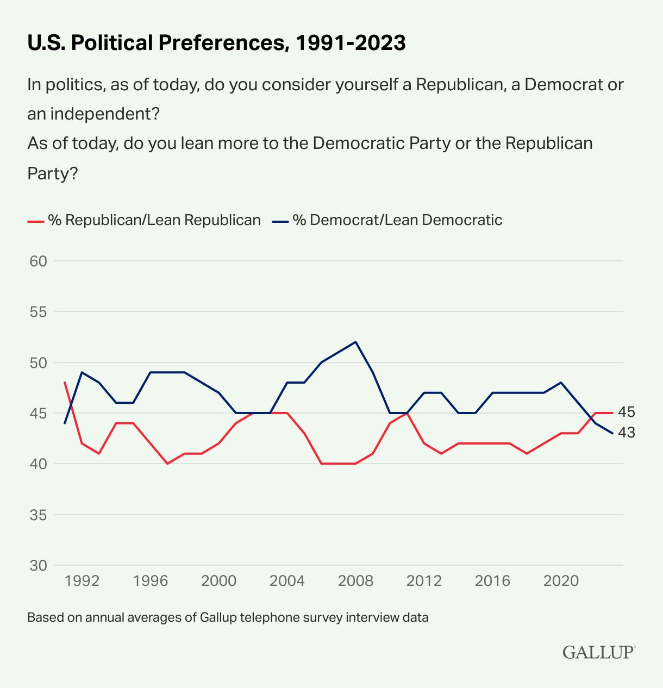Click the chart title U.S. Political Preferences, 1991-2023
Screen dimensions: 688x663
216,43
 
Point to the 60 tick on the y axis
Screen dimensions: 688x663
37,261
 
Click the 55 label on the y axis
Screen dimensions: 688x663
37,312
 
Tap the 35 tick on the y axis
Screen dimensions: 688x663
37,515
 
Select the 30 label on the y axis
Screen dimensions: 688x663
37,566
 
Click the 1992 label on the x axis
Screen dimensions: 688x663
82,581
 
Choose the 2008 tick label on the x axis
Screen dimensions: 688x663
355,581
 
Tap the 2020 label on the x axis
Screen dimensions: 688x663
561,581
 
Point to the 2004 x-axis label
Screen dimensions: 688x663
287,581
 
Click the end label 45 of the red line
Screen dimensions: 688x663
626,412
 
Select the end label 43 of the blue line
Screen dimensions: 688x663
626,433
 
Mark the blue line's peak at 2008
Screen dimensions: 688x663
355,342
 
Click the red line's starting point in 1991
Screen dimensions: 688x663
65,382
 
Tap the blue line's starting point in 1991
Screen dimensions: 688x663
65,423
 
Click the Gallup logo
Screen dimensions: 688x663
598,652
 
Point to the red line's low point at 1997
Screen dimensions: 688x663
167,464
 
